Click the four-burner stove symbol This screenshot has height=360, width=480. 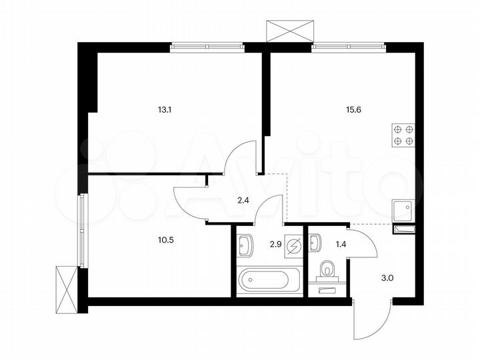[x=403, y=135]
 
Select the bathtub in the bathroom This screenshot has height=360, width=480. [x=263, y=279]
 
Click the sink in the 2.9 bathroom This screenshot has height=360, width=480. [x=245, y=245]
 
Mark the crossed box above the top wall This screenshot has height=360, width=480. [x=289, y=31]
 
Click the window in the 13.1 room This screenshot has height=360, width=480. [x=207, y=47]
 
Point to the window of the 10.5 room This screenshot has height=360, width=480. [x=83, y=230]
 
